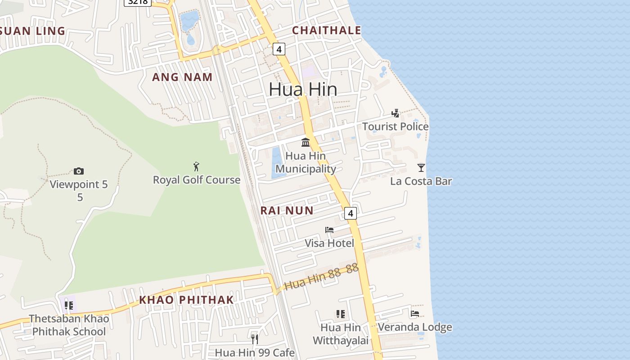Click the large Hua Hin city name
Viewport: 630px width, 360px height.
[x=303, y=89]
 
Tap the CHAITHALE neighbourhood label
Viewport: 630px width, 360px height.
[x=326, y=30]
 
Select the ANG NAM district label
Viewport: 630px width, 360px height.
[x=182, y=77]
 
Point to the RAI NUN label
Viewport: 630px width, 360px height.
[x=287, y=210]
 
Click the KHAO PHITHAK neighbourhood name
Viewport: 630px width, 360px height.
[x=186, y=300]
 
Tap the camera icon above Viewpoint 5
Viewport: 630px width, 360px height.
[x=79, y=171]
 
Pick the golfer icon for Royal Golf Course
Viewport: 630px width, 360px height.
[x=196, y=166]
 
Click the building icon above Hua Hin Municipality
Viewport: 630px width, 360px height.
[x=306, y=142]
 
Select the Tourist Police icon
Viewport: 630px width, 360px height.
[x=395, y=113]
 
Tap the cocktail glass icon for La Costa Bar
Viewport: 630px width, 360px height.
[x=421, y=168]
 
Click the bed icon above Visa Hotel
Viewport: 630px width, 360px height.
[x=329, y=230]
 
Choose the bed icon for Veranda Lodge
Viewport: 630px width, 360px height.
[x=415, y=314]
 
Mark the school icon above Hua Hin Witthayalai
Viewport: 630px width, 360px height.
[x=340, y=314]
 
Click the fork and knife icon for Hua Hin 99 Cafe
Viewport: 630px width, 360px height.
[x=255, y=339]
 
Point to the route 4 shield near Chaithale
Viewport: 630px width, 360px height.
[x=279, y=49]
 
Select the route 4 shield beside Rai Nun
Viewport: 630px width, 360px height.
[x=351, y=213]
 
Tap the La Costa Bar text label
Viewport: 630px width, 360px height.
[x=421, y=181]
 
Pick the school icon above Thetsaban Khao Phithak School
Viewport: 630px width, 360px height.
[x=69, y=306]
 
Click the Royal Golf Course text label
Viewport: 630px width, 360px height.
[x=197, y=180]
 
